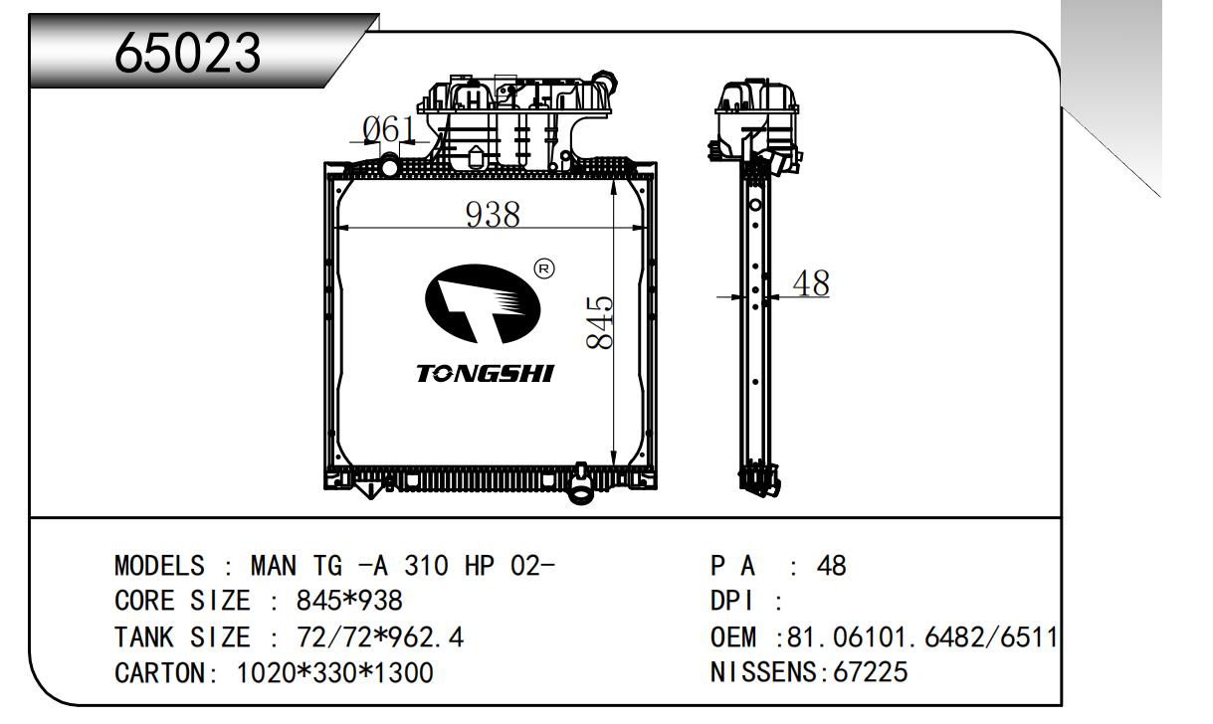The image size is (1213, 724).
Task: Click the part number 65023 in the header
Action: pos(188,53)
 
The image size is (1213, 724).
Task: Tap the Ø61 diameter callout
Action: pos(388,130)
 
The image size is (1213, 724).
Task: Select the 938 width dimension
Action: pos(495,214)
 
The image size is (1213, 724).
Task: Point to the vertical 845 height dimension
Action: pos(599,322)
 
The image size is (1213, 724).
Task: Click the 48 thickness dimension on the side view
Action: pos(810,283)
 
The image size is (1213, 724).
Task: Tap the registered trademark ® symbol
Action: pos(543,268)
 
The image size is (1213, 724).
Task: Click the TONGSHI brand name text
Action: pos(485,374)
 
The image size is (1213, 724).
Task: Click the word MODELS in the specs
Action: pos(159,567)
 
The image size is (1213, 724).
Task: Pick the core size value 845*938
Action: pos(349,602)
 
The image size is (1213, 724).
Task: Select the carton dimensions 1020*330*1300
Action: pos(333,673)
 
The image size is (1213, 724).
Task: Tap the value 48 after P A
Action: pos(830,567)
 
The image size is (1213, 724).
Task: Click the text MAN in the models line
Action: pos(273,567)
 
